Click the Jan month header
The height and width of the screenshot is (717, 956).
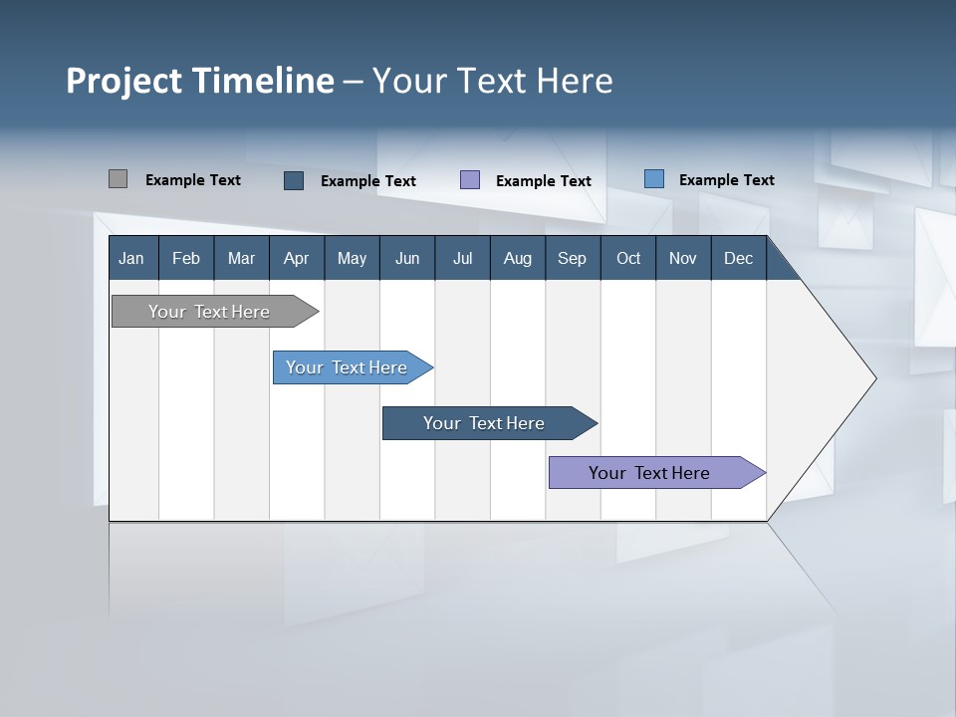131,259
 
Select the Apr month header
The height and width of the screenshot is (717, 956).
296,259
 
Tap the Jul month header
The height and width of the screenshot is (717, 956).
462,259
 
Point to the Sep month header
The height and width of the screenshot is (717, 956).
572,259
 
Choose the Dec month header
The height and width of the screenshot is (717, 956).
738,259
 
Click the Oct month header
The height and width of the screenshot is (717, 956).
628,259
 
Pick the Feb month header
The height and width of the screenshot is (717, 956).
186,259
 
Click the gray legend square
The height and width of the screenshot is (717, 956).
118,179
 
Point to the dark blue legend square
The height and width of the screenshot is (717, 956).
294,180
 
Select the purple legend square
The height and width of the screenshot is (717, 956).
470,180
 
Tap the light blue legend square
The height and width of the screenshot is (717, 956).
654,179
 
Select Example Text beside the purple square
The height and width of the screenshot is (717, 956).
544,181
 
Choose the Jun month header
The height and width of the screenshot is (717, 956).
407,259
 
